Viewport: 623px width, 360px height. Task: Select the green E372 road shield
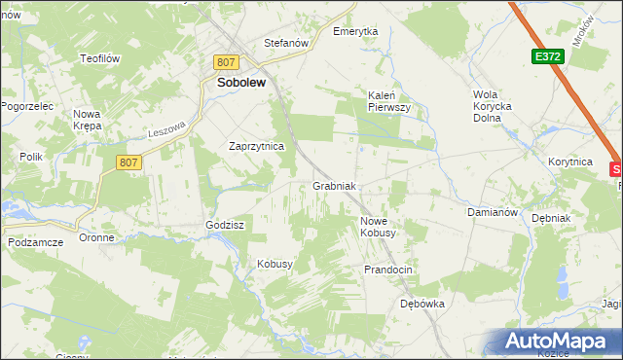(x=547, y=57)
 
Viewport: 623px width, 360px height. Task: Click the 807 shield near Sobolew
(x=226, y=61)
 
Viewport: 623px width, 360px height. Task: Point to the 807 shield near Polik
(x=128, y=163)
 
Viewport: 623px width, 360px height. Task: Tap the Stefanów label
(x=286, y=43)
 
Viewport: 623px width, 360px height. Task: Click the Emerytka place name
(x=355, y=31)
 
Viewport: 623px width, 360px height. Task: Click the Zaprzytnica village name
(x=255, y=146)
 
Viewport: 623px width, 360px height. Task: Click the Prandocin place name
(x=389, y=269)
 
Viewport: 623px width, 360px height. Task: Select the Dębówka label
(x=422, y=304)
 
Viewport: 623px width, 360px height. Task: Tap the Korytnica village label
(x=570, y=162)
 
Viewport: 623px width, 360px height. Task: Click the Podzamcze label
(x=35, y=241)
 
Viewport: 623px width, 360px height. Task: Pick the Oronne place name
(x=97, y=237)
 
